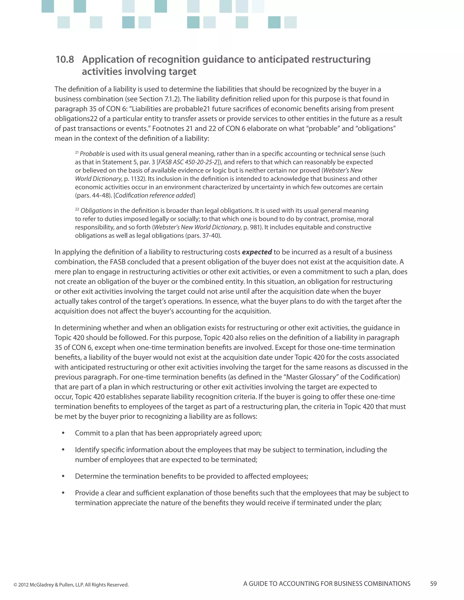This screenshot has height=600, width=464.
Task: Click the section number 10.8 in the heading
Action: click(65, 59)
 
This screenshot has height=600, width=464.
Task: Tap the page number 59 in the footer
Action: click(433, 583)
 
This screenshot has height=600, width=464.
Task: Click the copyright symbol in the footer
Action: click(15, 585)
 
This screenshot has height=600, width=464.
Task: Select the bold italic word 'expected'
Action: click(257, 252)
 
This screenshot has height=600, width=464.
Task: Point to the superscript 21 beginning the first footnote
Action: click(77, 152)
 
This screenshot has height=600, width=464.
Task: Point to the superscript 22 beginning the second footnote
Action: click(77, 209)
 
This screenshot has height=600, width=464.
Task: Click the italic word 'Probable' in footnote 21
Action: click(92, 154)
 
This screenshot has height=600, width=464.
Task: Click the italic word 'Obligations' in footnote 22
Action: click(96, 211)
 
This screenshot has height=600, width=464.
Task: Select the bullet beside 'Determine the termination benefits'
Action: click(63, 476)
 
